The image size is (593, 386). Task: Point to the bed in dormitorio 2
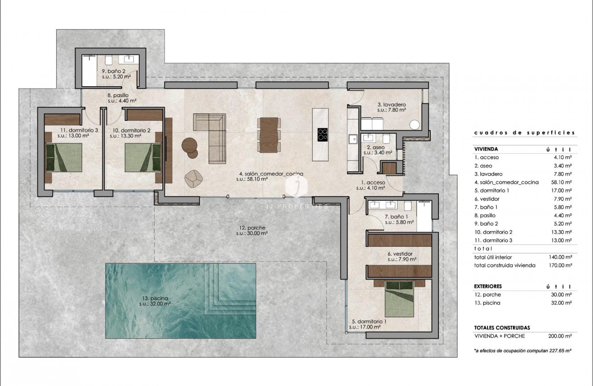coord(142,157)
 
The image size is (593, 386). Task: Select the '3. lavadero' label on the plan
coord(391,106)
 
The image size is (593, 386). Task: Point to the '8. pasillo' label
coord(118,95)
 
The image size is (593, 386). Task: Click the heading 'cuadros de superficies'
coord(524,133)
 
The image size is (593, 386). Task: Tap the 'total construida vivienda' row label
coord(504,265)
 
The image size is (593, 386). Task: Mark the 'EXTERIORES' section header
coord(488,286)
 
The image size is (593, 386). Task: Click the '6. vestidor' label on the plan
coord(400,253)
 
